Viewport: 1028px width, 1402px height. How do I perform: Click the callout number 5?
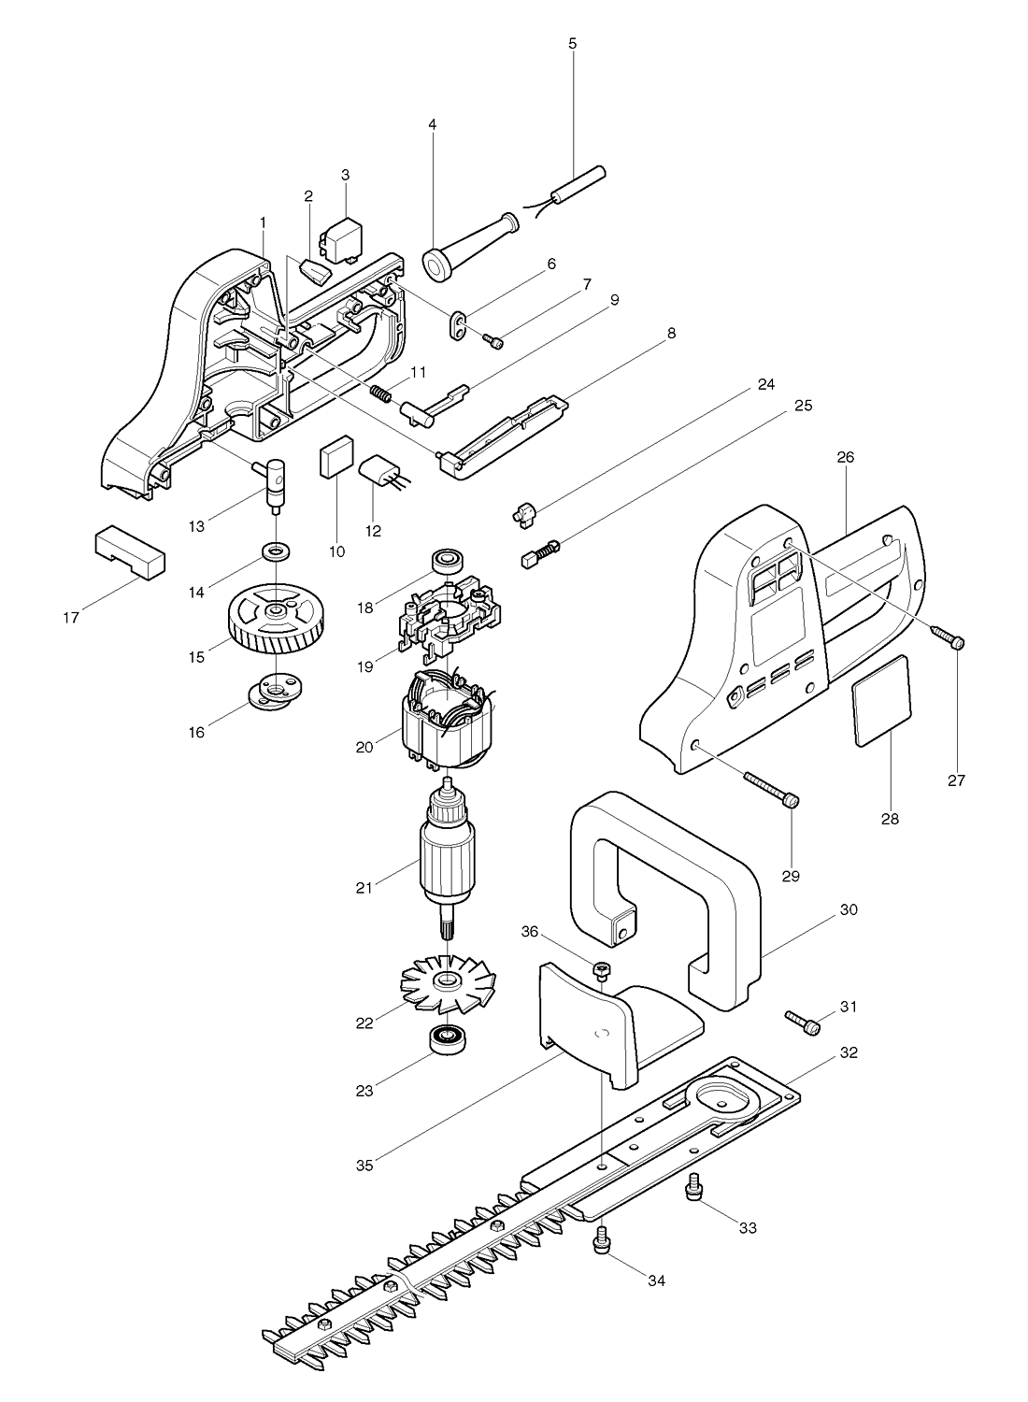click(573, 44)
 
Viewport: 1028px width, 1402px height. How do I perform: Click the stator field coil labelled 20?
click(447, 721)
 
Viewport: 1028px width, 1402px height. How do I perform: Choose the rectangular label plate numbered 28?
click(882, 700)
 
